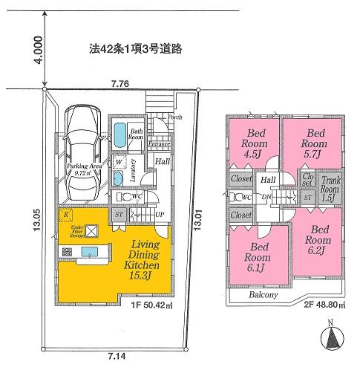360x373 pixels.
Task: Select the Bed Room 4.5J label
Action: (258, 146)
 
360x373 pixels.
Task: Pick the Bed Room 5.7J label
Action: (315, 143)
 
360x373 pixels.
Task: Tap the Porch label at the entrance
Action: (176, 117)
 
